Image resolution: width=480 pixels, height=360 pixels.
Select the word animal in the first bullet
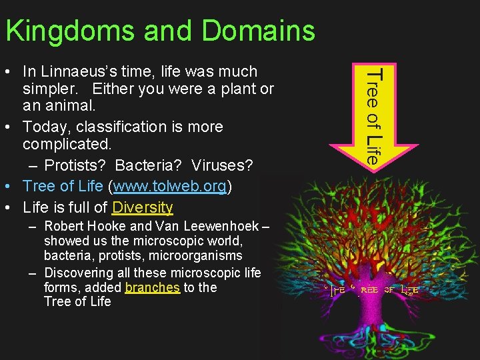[73, 106]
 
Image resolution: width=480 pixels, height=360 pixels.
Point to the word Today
[45, 127]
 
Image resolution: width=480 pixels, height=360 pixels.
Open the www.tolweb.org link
[168, 185]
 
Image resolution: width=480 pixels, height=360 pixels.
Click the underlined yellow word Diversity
[143, 207]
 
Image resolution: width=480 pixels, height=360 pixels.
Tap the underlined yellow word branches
[152, 287]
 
